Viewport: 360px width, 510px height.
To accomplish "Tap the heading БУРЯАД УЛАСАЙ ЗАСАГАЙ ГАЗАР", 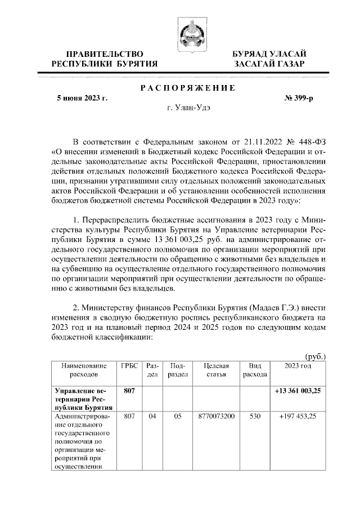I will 270,59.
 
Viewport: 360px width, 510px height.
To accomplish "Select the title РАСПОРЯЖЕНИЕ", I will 187,87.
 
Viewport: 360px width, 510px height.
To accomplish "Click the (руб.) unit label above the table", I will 315,356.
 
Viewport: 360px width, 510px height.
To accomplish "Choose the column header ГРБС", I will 129,365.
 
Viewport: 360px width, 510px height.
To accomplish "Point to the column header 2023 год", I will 298,365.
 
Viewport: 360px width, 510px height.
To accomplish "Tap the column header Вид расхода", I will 255,369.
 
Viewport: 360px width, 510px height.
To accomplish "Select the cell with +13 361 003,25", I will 298,391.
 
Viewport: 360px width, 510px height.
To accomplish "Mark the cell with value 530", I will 255,417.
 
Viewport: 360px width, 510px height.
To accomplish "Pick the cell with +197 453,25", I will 298,417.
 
